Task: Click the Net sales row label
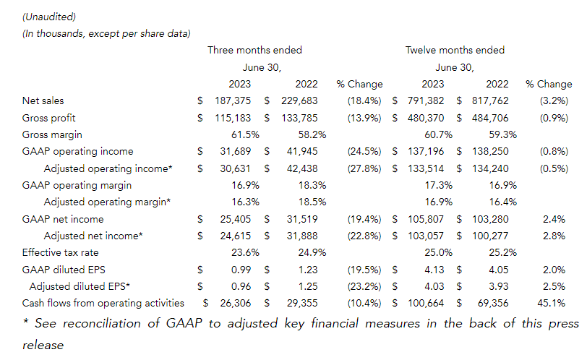[43, 100]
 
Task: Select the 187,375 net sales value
[233, 100]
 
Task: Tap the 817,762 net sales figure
[490, 100]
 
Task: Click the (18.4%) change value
[364, 100]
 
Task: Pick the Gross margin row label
[52, 134]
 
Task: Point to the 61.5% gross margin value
[245, 134]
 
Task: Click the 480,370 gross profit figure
[426, 118]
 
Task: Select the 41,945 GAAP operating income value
[302, 151]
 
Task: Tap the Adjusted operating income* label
[108, 168]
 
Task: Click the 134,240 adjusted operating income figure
[490, 168]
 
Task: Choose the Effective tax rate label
[60, 252]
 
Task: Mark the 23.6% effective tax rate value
[245, 252]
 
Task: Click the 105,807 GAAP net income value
[426, 219]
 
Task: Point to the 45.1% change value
[552, 303]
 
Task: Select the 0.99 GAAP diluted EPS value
[241, 270]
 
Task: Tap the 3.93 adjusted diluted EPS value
[499, 286]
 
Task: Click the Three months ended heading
[255, 50]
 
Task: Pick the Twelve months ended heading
[455, 50]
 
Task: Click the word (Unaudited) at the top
[49, 17]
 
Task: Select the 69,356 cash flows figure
[493, 303]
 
